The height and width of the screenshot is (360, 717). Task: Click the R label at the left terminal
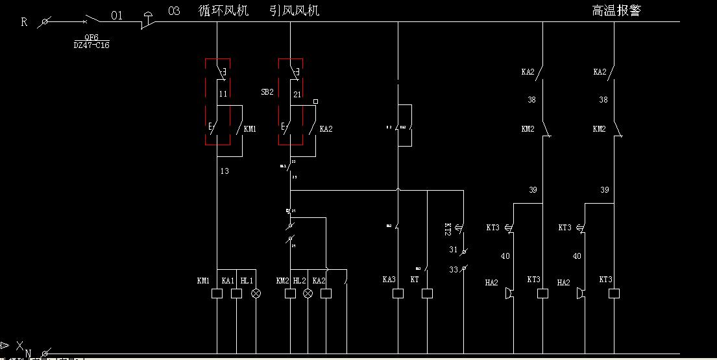[24, 21]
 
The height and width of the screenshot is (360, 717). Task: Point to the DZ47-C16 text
[91, 46]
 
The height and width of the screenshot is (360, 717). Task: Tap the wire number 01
[117, 15]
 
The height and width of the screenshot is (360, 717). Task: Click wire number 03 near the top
[174, 11]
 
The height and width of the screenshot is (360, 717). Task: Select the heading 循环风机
[224, 11]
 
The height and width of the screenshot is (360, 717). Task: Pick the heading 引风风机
[295, 11]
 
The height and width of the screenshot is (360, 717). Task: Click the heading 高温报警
[616, 11]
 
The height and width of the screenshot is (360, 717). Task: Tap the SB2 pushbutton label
[267, 93]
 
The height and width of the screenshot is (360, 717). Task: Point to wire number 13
[225, 171]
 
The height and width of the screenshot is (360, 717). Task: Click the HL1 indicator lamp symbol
[256, 294]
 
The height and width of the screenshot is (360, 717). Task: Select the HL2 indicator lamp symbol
[308, 294]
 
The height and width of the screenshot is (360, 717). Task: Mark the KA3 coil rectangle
[398, 294]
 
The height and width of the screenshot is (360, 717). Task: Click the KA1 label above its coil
[228, 280]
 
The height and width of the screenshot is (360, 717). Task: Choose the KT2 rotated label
[448, 230]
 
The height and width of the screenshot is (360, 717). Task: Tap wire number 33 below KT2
[453, 269]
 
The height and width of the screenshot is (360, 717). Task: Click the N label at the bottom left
[28, 354]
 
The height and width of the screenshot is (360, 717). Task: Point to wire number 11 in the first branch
[223, 94]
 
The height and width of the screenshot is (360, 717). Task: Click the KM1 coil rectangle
[217, 294]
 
